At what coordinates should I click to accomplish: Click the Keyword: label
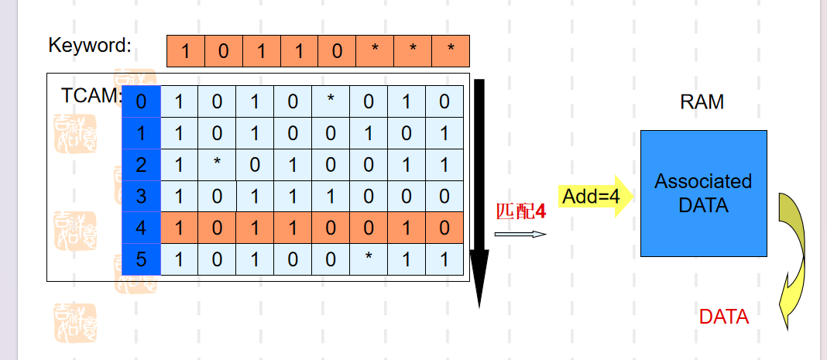point(90,45)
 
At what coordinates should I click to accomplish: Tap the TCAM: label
point(91,96)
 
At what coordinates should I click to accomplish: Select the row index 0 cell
point(141,101)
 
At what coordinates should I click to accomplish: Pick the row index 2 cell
point(141,165)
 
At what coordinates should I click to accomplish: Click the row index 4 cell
point(141,228)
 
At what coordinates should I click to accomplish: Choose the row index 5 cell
point(141,259)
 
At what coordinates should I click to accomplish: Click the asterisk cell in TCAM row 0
point(331,101)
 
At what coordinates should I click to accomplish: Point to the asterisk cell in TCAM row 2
point(217,165)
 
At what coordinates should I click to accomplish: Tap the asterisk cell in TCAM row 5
point(369,259)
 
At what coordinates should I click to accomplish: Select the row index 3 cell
point(141,197)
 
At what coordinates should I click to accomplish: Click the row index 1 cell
point(141,133)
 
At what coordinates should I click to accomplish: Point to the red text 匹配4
point(521,211)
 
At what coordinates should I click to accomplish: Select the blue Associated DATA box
point(703,194)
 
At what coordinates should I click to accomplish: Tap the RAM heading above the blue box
point(702,101)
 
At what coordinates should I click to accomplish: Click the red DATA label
point(724,316)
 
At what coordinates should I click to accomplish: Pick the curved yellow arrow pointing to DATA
point(793,255)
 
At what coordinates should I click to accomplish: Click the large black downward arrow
point(479,194)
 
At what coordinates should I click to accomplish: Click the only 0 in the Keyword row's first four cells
point(223,52)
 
